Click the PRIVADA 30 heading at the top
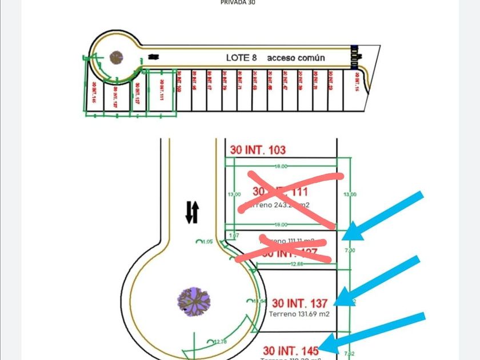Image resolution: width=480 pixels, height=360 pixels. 238,2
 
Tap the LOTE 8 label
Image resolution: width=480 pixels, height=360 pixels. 242,58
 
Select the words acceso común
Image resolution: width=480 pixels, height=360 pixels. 296,58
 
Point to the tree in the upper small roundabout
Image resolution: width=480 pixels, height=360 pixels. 117,57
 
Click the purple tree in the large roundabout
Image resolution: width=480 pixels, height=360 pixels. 194,301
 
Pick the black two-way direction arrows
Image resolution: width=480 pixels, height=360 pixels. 192,212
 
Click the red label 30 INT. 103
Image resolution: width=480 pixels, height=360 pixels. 258,150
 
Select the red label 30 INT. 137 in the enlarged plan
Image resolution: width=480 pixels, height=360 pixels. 299,303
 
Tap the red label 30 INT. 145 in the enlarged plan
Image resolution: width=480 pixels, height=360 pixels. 291,349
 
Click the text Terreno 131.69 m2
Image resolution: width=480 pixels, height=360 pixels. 299,314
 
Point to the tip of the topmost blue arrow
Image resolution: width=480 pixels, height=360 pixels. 345,236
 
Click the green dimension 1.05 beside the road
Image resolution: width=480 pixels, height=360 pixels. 207,242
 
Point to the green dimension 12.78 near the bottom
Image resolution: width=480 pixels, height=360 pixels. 221,342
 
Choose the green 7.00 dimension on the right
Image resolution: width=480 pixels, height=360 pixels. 350,250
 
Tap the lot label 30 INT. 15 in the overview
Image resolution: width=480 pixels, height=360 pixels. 357,81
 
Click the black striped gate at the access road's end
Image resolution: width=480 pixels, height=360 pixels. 354,55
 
